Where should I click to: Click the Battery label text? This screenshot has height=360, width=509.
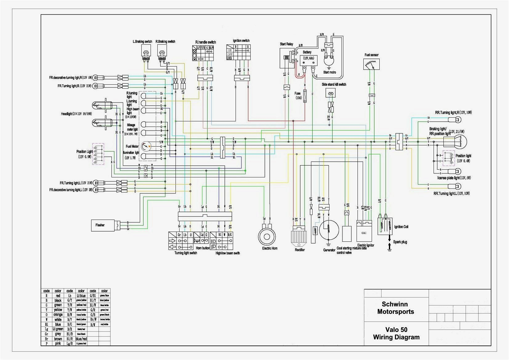307,52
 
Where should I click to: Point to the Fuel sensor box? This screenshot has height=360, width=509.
371,64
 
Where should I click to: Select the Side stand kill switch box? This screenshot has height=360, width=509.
332,93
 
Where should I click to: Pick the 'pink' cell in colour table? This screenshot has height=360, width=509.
58,343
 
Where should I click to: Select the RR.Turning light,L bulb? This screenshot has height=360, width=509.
456,186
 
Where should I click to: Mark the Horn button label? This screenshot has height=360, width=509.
203,248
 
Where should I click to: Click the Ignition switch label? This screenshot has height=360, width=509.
241,41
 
